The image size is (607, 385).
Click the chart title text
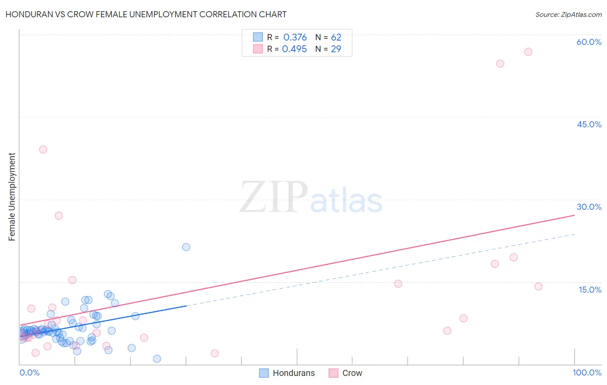tap(146, 14)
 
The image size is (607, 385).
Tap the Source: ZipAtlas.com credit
tap(568, 14)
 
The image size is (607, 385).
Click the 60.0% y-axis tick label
tap(589, 42)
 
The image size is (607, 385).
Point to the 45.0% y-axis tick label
tap(589, 124)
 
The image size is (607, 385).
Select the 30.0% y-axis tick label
tap(589, 207)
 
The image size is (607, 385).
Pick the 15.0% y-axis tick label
tap(590, 290)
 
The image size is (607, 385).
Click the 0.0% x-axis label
tap(29, 372)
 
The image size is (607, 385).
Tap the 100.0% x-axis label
tap(587, 372)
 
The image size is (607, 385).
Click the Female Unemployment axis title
tap(12, 196)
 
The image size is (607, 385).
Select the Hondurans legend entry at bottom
tap(287, 373)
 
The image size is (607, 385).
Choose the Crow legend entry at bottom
tap(346, 373)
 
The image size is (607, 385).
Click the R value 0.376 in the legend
tap(295, 38)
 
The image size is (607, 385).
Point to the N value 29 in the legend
tap(336, 49)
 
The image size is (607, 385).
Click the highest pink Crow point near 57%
tap(528, 52)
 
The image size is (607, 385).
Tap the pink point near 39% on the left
tap(43, 149)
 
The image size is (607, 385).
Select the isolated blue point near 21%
tap(186, 247)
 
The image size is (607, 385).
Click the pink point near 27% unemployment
tap(59, 216)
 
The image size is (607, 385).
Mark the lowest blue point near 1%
tap(157, 359)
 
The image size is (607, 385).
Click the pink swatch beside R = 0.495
tap(258, 49)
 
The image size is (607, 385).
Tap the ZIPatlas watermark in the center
tap(311, 198)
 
